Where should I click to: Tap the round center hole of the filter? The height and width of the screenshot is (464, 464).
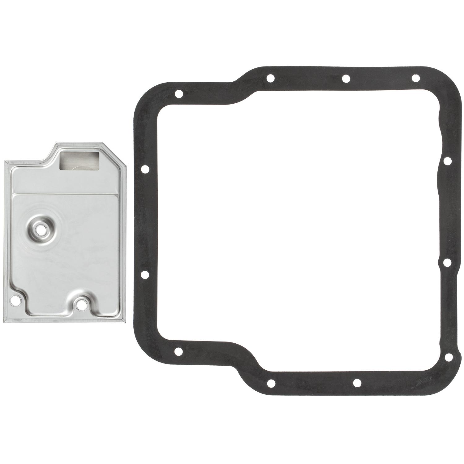click(39, 230)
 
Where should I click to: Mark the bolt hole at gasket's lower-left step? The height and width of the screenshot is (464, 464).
click(178, 351)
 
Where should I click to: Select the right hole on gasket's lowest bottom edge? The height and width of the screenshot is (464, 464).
click(358, 383)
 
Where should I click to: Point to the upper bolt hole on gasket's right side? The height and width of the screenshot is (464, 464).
click(447, 161)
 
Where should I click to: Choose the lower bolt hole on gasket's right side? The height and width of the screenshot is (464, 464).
click(447, 262)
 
